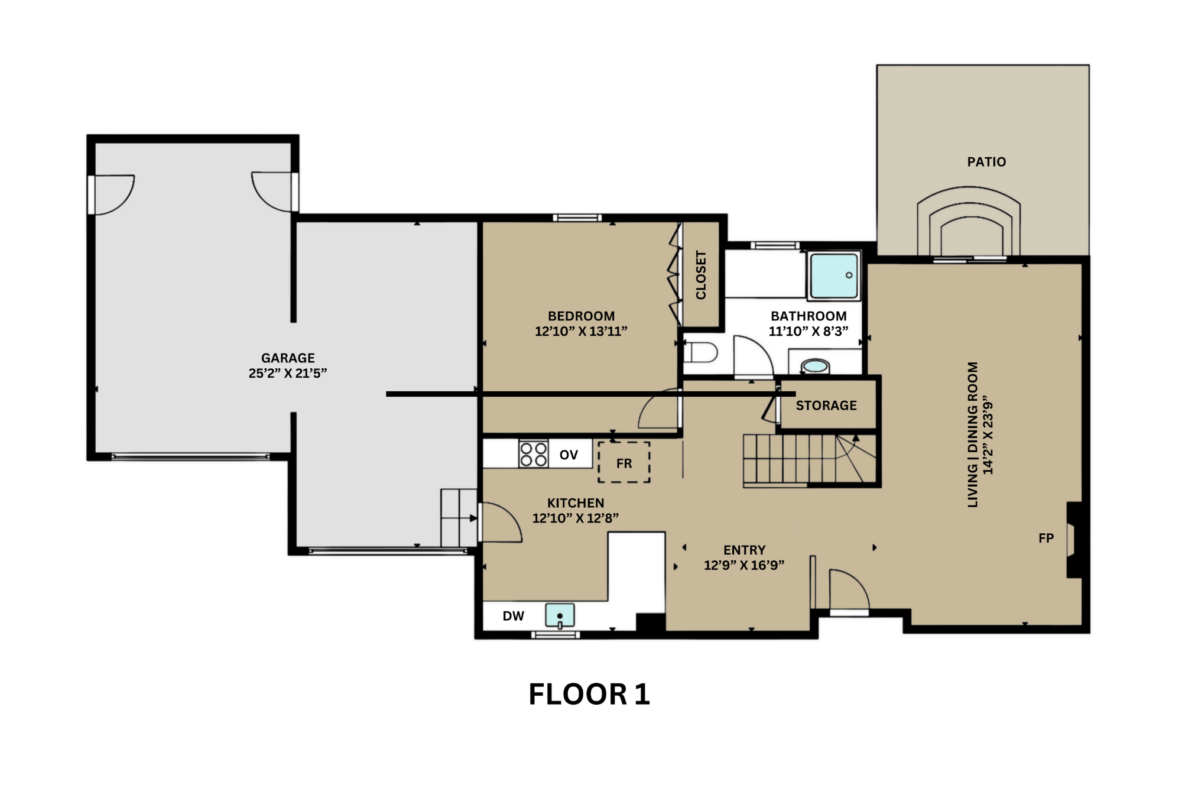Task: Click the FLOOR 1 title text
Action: point(589,694)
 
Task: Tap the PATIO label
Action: point(986,162)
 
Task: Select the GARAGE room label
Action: point(288,358)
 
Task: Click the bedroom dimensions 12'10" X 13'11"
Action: point(581,331)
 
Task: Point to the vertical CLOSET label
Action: point(701,275)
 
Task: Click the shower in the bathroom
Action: point(834,275)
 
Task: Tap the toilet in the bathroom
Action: point(701,353)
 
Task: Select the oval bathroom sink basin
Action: point(815,367)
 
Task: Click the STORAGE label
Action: point(826,406)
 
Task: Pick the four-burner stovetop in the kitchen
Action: point(533,454)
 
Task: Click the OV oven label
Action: point(569,455)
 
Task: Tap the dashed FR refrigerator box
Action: point(624,462)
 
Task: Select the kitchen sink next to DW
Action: point(559,615)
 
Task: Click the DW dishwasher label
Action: point(513,616)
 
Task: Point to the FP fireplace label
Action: point(1046,538)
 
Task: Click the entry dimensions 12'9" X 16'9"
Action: point(744,565)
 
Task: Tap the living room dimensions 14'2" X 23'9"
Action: point(988,438)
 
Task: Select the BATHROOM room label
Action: point(808,316)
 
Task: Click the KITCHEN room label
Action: point(576,503)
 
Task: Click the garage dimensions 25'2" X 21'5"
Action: point(288,373)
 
